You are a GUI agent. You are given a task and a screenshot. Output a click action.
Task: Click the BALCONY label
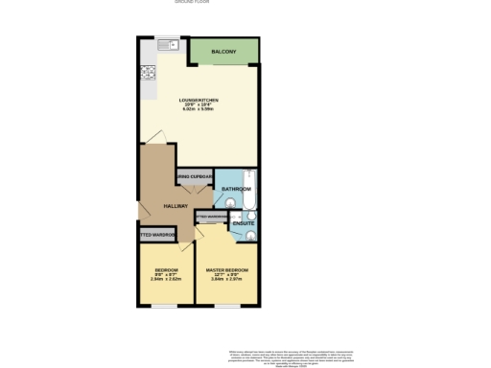tap(224, 51)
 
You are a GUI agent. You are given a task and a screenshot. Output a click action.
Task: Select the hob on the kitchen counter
tap(149, 72)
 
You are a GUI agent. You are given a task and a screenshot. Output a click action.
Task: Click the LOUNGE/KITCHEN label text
tap(200, 100)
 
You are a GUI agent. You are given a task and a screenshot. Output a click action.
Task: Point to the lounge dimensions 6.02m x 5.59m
tap(200, 110)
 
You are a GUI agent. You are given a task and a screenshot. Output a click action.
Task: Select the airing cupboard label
tap(194, 178)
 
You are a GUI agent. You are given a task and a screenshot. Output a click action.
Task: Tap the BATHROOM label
tap(236, 190)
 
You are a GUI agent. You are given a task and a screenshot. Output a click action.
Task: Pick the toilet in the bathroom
tap(222, 202)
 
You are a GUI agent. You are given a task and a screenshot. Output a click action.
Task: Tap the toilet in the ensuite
tap(251, 232)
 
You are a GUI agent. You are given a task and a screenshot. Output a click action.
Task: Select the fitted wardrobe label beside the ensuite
tap(213, 218)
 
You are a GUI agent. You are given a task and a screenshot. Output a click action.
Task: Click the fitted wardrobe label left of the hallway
tap(156, 235)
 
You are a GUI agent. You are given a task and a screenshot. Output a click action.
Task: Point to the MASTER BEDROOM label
tap(227, 270)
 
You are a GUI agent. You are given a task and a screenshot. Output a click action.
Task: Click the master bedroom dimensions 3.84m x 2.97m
tap(227, 281)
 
